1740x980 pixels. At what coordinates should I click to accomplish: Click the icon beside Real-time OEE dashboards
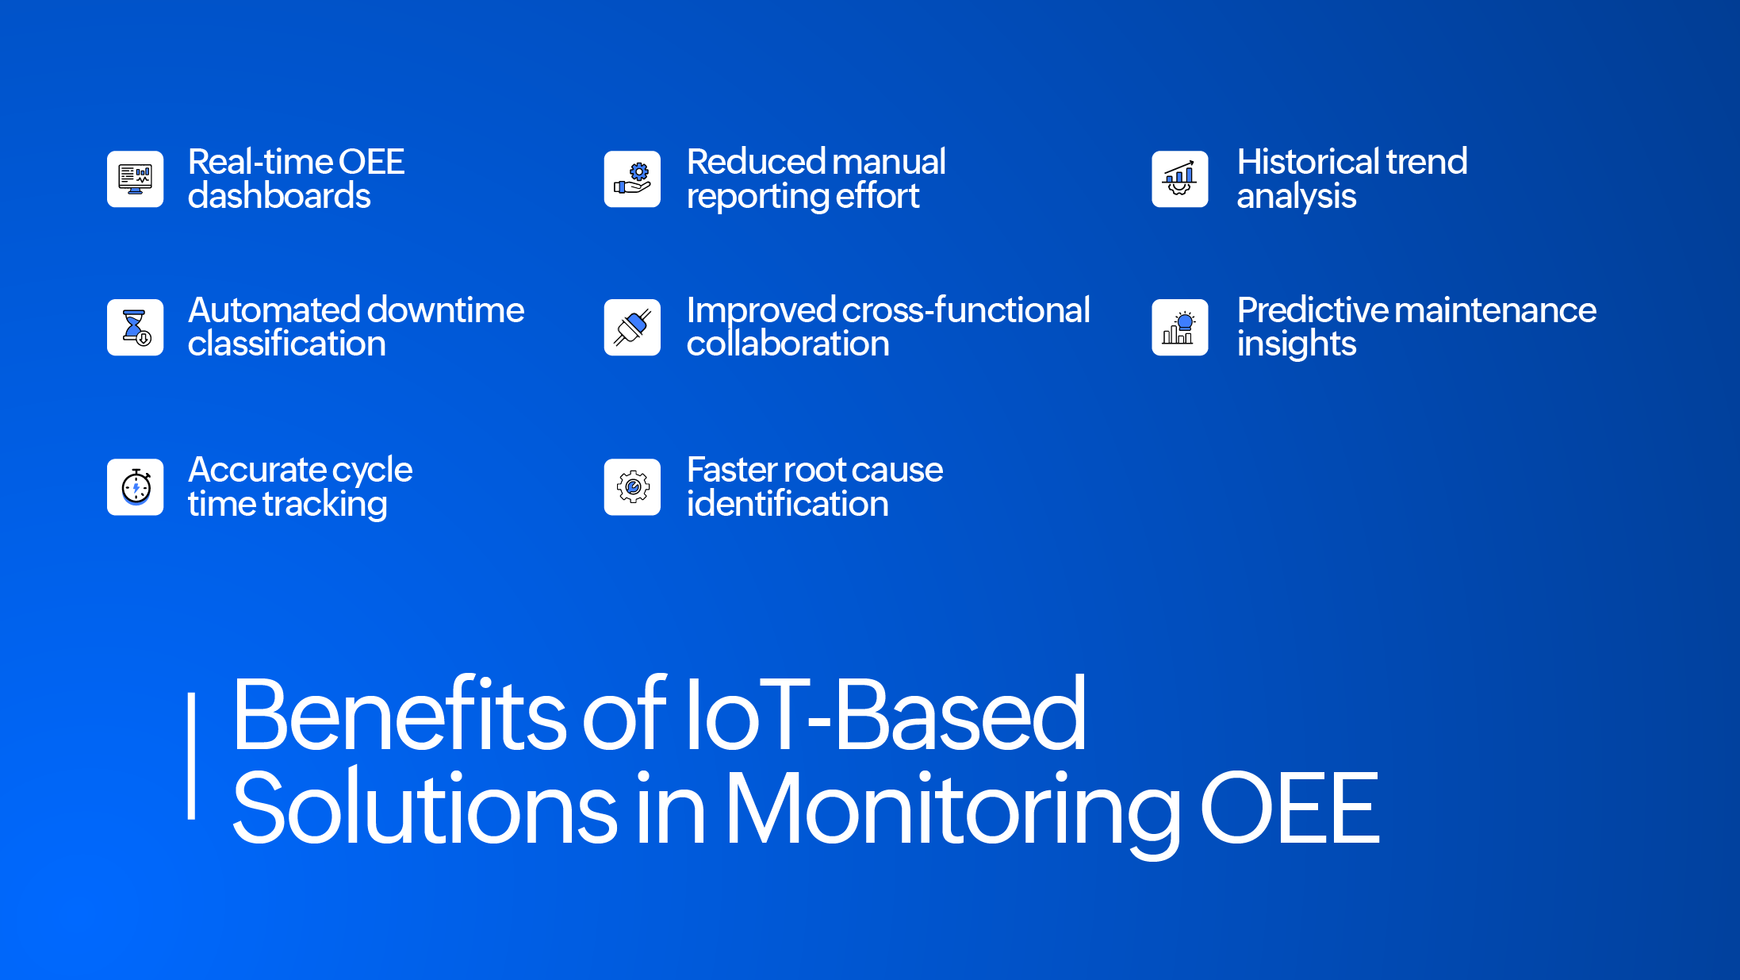(135, 179)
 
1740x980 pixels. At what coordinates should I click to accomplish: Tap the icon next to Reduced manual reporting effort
(632, 179)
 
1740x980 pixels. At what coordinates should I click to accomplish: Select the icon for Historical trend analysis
(1179, 179)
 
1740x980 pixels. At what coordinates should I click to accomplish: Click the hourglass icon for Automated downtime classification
(135, 327)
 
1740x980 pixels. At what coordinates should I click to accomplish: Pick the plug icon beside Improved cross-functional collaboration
(632, 327)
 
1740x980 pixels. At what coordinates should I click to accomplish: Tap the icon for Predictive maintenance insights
(1179, 327)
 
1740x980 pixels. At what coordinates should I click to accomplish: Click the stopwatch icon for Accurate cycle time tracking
(135, 487)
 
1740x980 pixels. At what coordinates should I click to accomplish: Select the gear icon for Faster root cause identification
(632, 487)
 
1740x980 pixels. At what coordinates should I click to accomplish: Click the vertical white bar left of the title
(191, 755)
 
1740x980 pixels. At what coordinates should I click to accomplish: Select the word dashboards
(279, 196)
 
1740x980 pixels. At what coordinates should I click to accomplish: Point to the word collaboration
(788, 344)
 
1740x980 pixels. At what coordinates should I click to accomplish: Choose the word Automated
(274, 310)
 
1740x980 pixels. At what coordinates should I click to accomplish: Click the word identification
(788, 504)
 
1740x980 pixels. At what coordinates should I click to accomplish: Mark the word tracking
(325, 505)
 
